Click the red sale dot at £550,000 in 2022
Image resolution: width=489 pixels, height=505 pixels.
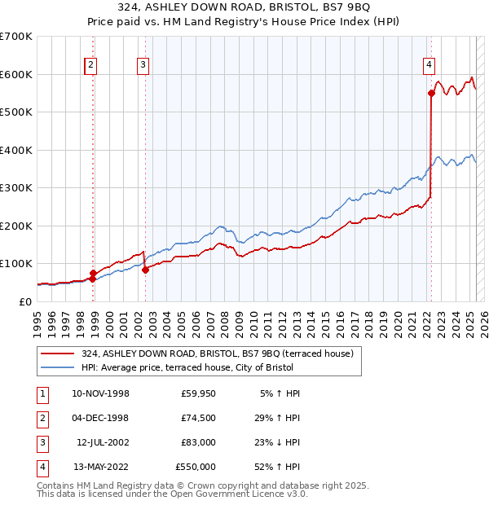[431, 94]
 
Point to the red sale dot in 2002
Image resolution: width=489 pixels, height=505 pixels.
[145, 270]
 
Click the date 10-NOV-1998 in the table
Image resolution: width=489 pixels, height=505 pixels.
[100, 393]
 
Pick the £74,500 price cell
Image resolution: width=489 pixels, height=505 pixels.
[195, 418]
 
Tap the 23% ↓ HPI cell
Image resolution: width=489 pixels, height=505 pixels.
[278, 442]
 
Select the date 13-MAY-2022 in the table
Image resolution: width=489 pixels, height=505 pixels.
[100, 467]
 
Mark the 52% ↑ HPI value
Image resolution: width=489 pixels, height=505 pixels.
[278, 467]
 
